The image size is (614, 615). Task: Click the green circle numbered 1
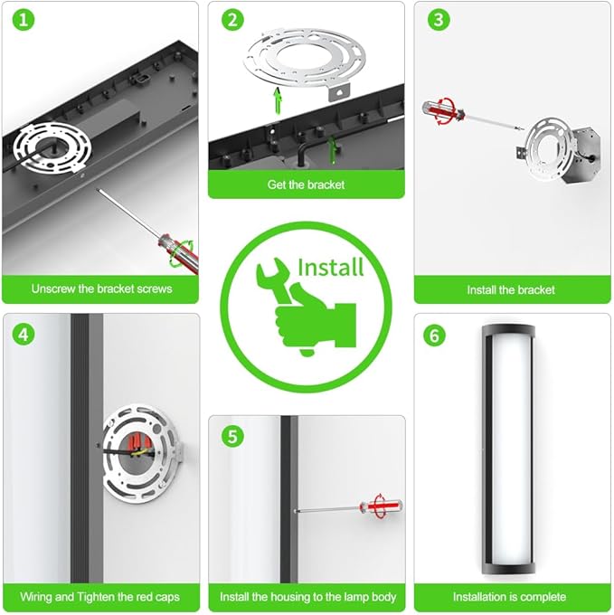[24, 20]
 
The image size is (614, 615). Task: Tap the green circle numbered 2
[232, 20]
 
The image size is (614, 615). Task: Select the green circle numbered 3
[439, 20]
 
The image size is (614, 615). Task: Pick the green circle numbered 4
[24, 335]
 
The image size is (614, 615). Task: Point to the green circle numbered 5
[232, 436]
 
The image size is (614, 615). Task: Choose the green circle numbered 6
[434, 336]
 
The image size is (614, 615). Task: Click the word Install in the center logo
[331, 268]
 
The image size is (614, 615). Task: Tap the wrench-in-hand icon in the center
[306, 306]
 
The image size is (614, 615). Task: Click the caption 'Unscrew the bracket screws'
[101, 289]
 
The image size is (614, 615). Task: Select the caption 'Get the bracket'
[306, 184]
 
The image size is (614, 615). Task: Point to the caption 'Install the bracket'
[511, 289]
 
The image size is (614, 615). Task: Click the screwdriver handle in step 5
[381, 506]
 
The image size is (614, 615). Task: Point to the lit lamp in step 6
[509, 449]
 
